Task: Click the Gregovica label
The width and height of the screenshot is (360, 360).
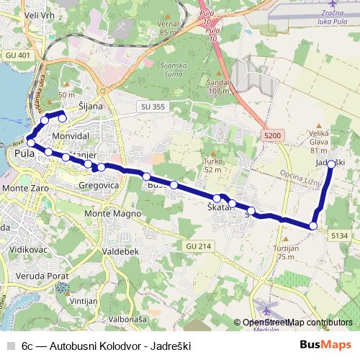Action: pos(99,185)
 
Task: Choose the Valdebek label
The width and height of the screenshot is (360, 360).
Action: pos(120,251)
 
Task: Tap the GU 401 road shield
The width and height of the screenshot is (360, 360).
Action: pos(18,55)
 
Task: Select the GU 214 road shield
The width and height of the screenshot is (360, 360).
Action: pos(198,246)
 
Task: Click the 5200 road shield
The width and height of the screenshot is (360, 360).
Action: pos(274,135)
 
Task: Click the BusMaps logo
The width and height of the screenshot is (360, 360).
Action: pos(325,345)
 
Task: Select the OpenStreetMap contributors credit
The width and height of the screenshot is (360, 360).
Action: pos(297,323)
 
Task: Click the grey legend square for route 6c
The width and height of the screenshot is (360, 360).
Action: pos(11,345)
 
